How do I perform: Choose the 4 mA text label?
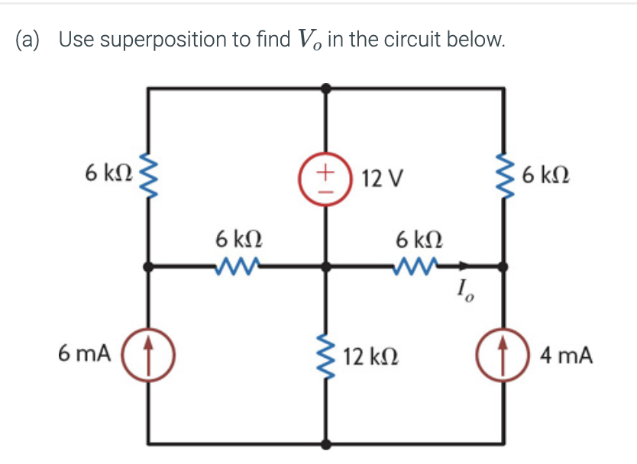point(565,355)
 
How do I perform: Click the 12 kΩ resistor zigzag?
point(326,355)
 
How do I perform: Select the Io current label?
point(464,291)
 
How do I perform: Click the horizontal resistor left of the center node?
point(238,266)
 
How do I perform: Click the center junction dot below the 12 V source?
point(326,267)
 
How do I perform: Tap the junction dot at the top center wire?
point(326,89)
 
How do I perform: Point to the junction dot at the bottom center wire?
point(326,443)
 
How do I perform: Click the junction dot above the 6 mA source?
point(150,267)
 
